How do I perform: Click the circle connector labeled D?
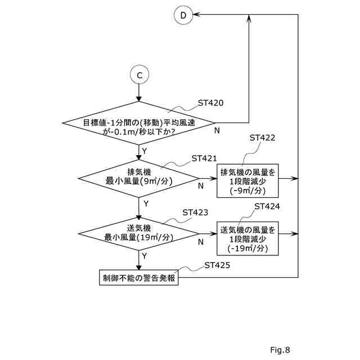(183, 16)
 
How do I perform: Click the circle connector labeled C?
(139, 74)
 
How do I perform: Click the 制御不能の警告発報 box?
(138, 277)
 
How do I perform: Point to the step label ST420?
(211, 103)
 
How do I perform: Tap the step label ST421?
(204, 159)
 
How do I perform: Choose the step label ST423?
(196, 213)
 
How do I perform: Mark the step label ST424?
(267, 206)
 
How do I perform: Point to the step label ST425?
(218, 264)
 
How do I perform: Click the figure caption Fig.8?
(280, 350)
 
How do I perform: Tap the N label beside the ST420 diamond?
(217, 130)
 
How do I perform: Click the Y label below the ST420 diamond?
(145, 151)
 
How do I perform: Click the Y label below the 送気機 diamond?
(145, 255)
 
